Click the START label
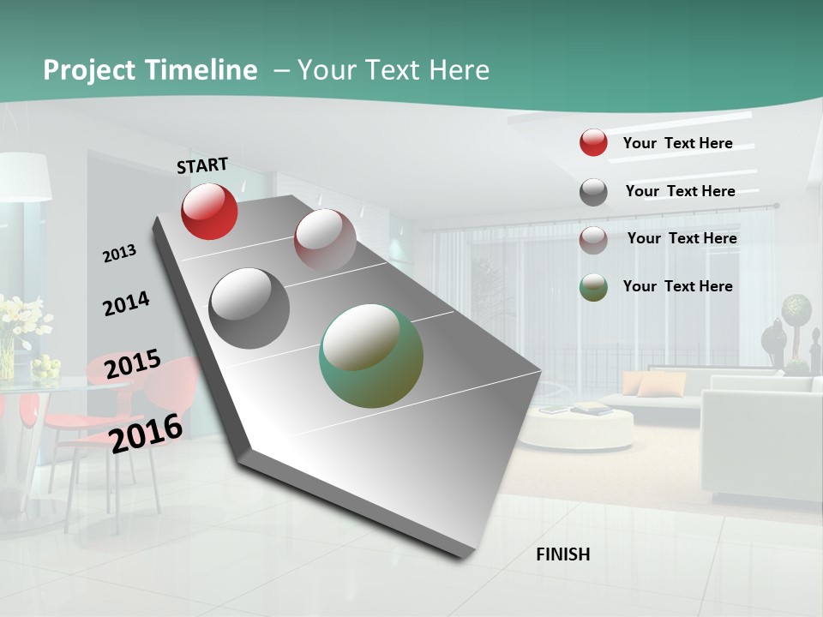202,165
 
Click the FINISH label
563,554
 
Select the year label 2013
119,254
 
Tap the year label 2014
126,303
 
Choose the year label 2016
147,433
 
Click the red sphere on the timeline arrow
209,211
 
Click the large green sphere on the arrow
371,356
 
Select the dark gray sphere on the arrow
249,308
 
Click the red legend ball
593,142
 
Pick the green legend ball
593,287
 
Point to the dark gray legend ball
593,192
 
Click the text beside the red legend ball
677,143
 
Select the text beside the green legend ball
677,286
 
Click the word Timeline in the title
201,70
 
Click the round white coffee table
577,428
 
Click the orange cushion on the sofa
660,385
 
